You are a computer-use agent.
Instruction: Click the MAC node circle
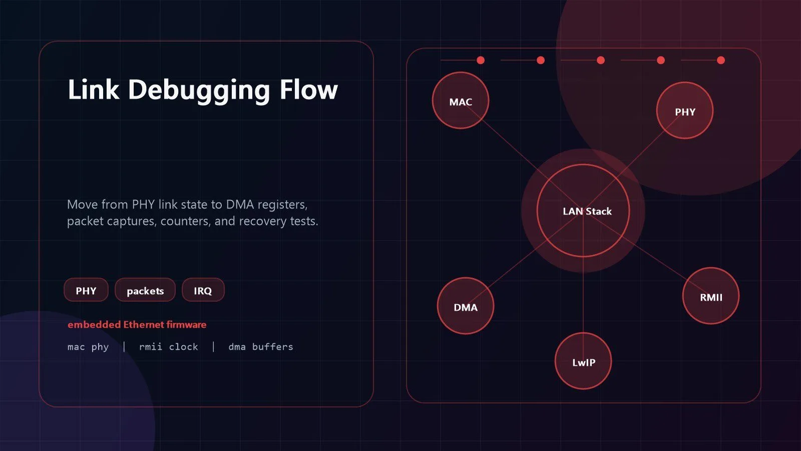tap(461, 101)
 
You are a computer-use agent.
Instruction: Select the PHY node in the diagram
tap(685, 111)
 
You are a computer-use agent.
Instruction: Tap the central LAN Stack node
tap(583, 211)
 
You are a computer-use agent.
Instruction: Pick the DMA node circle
tap(466, 306)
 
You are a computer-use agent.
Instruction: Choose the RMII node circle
tap(711, 296)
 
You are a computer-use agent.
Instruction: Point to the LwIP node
tap(583, 361)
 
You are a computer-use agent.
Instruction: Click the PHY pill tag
tap(86, 290)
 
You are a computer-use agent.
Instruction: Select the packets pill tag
tap(145, 290)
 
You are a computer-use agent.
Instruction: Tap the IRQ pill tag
tap(203, 290)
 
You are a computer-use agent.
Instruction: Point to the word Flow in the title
tap(309, 89)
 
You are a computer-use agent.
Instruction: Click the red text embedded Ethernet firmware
tap(137, 325)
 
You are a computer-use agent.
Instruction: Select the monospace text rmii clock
tap(168, 346)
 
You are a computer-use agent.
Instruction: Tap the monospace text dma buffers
tap(261, 346)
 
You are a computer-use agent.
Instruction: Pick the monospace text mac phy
tap(88, 347)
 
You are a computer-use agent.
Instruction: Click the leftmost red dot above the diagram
tap(481, 60)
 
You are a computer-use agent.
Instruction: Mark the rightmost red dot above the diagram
tap(721, 60)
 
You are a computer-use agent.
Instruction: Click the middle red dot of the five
tap(601, 60)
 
